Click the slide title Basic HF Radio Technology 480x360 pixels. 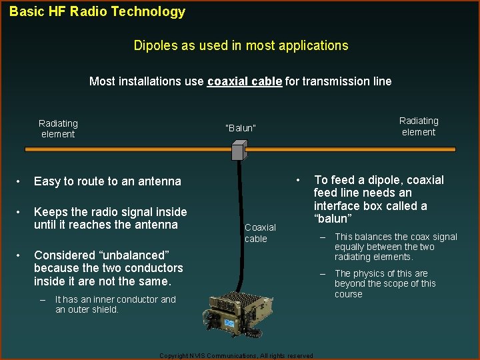pyautogui.click(x=97, y=11)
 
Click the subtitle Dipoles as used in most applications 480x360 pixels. pyautogui.click(x=241, y=45)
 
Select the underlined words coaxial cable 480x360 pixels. pyautogui.click(x=244, y=81)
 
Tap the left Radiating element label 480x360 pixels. pyautogui.click(x=58, y=129)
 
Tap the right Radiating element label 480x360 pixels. pyautogui.click(x=419, y=126)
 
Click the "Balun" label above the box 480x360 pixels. pyautogui.click(x=241, y=128)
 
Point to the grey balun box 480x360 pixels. pyautogui.click(x=239, y=151)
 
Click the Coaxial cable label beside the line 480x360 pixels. pyautogui.click(x=260, y=233)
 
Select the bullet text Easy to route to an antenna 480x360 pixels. pyautogui.click(x=107, y=181)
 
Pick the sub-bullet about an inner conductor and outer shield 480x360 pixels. pyautogui.click(x=115, y=304)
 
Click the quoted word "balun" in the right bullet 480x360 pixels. pyautogui.click(x=331, y=219)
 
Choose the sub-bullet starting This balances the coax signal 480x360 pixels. pyautogui.click(x=395, y=247)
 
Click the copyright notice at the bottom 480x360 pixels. pyautogui.click(x=237, y=356)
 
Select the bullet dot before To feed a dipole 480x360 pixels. pyautogui.click(x=299, y=180)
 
